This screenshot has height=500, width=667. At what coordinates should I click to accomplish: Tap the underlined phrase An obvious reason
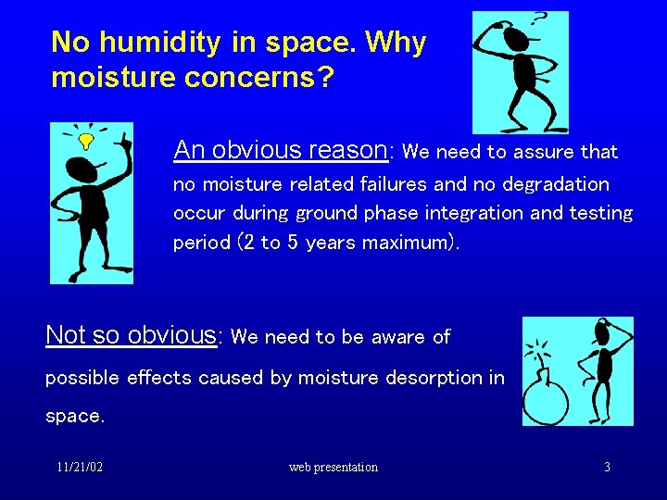tap(280, 150)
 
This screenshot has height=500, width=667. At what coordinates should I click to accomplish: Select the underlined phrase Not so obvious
tap(131, 335)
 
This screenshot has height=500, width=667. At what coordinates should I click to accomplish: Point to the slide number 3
tap(607, 468)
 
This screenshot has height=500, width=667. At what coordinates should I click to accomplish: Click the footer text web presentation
tap(333, 468)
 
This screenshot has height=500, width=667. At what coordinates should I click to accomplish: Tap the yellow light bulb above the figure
tap(86, 141)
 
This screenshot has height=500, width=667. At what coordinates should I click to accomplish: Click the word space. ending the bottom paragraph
tap(75, 417)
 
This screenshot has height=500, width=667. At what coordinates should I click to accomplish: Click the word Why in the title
tap(396, 43)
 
